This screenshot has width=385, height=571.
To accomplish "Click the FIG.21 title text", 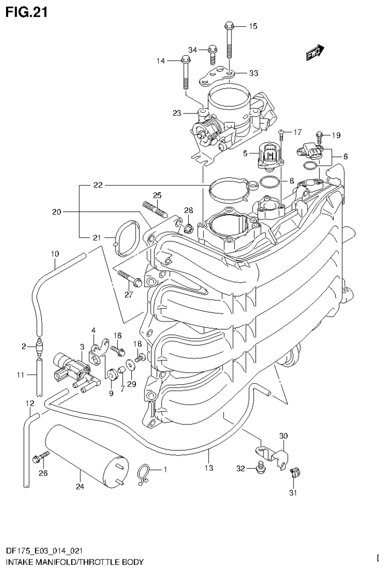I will coord(26,12).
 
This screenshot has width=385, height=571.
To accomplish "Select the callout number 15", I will coord(252,26).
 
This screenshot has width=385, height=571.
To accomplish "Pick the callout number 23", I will coord(176,113).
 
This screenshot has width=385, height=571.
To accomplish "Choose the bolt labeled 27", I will coord(129,277).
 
